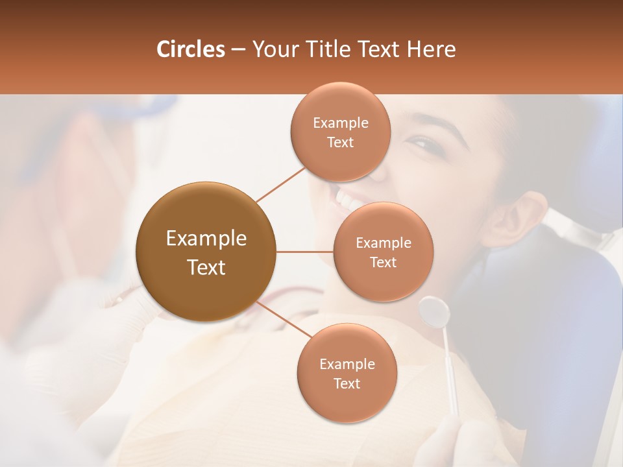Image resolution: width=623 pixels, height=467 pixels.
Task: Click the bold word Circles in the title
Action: (x=191, y=49)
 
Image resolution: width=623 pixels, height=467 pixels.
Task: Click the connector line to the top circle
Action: (x=280, y=184)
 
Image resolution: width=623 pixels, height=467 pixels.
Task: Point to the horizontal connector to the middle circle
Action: (x=304, y=252)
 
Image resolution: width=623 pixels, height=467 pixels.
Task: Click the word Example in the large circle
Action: (x=206, y=239)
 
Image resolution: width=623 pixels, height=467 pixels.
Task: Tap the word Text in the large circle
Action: (x=206, y=267)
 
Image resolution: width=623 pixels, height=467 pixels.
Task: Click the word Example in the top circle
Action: (x=341, y=123)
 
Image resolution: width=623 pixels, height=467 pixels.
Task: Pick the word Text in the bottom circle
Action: (x=347, y=383)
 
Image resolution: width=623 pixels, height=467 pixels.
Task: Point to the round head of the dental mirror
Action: (x=434, y=312)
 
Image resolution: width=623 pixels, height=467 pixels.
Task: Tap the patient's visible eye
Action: (x=422, y=143)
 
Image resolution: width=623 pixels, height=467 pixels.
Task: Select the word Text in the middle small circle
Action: (x=383, y=262)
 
